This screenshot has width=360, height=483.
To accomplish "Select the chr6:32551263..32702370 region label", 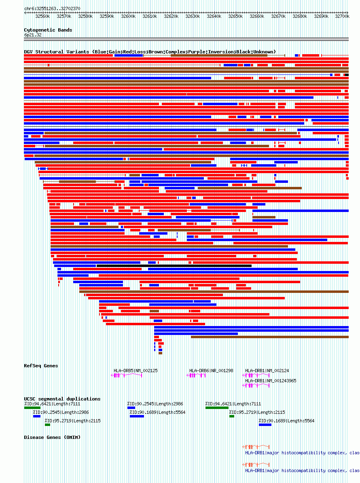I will (x=52, y=8).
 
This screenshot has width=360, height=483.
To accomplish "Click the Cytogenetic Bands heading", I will (x=48, y=30).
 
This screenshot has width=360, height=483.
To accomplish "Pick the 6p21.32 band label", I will (x=33, y=35).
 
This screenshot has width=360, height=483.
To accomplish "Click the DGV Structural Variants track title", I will (x=150, y=52).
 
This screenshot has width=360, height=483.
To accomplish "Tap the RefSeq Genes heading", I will (x=41, y=366).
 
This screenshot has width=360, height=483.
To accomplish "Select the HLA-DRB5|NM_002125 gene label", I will (x=136, y=371).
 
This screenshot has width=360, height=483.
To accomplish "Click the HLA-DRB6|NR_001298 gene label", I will (x=211, y=371).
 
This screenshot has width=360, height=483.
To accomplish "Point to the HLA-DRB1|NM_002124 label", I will (x=267, y=371).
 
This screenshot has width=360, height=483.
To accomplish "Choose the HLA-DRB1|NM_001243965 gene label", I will (x=271, y=381).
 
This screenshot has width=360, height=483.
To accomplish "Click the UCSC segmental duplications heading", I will (x=62, y=399).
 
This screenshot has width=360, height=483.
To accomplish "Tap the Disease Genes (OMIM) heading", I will (x=52, y=437).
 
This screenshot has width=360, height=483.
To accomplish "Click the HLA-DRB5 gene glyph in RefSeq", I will (x=127, y=376).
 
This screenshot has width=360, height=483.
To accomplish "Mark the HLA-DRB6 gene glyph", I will (x=197, y=376).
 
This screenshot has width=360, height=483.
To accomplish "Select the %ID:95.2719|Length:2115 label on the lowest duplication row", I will (x=72, y=421).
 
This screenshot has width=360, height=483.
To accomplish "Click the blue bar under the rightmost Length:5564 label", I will (x=265, y=425).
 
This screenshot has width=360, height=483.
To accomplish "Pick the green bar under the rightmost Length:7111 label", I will (x=217, y=408).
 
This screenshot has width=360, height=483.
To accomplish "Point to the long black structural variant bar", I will (x=174, y=266).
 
